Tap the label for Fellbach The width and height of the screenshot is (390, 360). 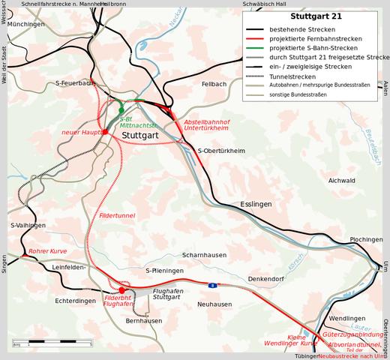(x=214, y=85)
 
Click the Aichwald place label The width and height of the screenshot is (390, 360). (x=341, y=181)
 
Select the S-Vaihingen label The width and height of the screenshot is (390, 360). (x=28, y=225)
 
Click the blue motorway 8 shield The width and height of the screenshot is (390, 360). (x=212, y=285)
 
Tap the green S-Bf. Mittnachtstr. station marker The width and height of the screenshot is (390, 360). (x=121, y=110)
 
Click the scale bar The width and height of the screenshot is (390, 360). (x=52, y=343)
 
